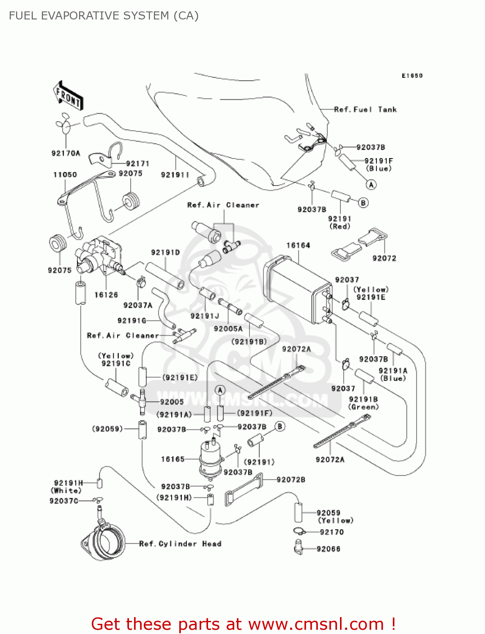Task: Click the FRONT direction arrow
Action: [68, 96]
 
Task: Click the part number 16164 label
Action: [298, 246]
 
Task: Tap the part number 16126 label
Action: [106, 295]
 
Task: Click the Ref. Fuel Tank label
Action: [365, 109]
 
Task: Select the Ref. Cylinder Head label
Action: [180, 544]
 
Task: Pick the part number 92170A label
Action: [66, 153]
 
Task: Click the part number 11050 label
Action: [65, 175]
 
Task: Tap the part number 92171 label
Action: [137, 164]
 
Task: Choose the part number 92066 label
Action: [329, 549]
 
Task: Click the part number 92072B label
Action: [291, 480]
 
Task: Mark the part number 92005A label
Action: [228, 329]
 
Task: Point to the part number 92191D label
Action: [165, 252]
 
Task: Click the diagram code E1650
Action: [412, 76]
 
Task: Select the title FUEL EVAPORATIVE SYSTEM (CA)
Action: [104, 16]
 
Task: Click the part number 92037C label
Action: [64, 501]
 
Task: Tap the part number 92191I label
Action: [175, 175]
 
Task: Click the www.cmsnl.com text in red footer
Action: [316, 624]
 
